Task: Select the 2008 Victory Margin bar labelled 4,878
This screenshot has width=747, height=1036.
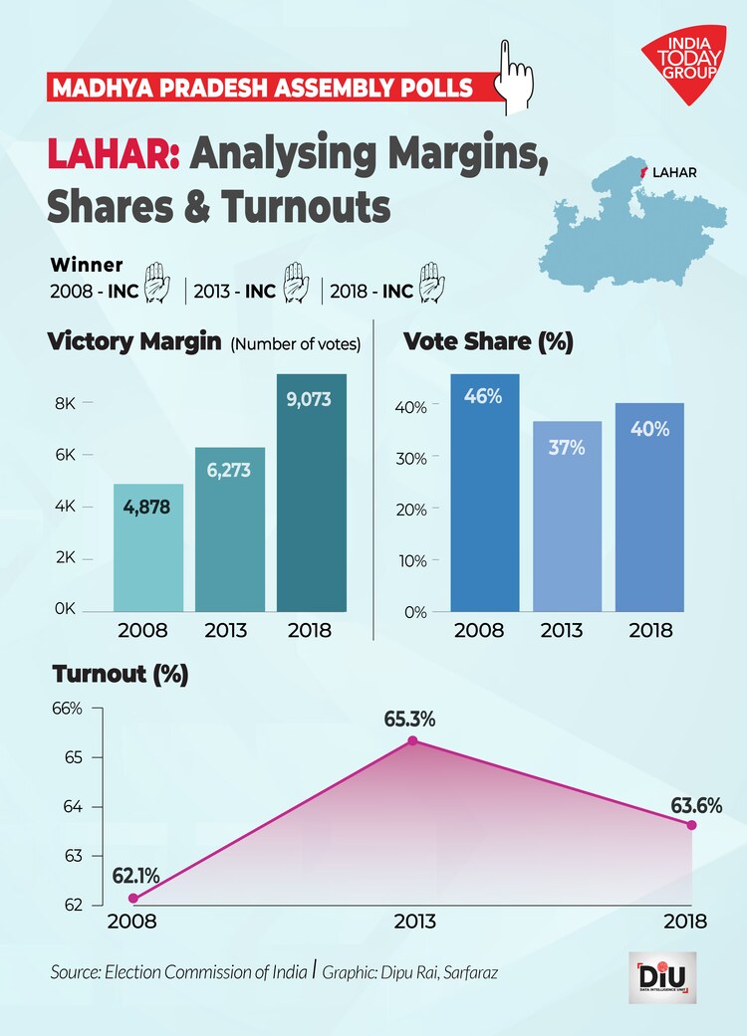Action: [x=147, y=547]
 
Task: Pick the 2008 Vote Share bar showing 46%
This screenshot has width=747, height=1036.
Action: [x=485, y=493]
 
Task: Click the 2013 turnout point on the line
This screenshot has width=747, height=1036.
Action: [x=412, y=740]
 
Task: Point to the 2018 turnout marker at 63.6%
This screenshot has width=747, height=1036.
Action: [x=691, y=825]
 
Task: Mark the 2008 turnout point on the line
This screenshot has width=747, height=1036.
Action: [x=134, y=898]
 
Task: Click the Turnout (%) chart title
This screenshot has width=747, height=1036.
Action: [x=121, y=674]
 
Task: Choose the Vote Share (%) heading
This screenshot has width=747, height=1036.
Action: [x=488, y=342]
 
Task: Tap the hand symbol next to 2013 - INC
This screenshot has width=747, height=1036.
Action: [x=295, y=283]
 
